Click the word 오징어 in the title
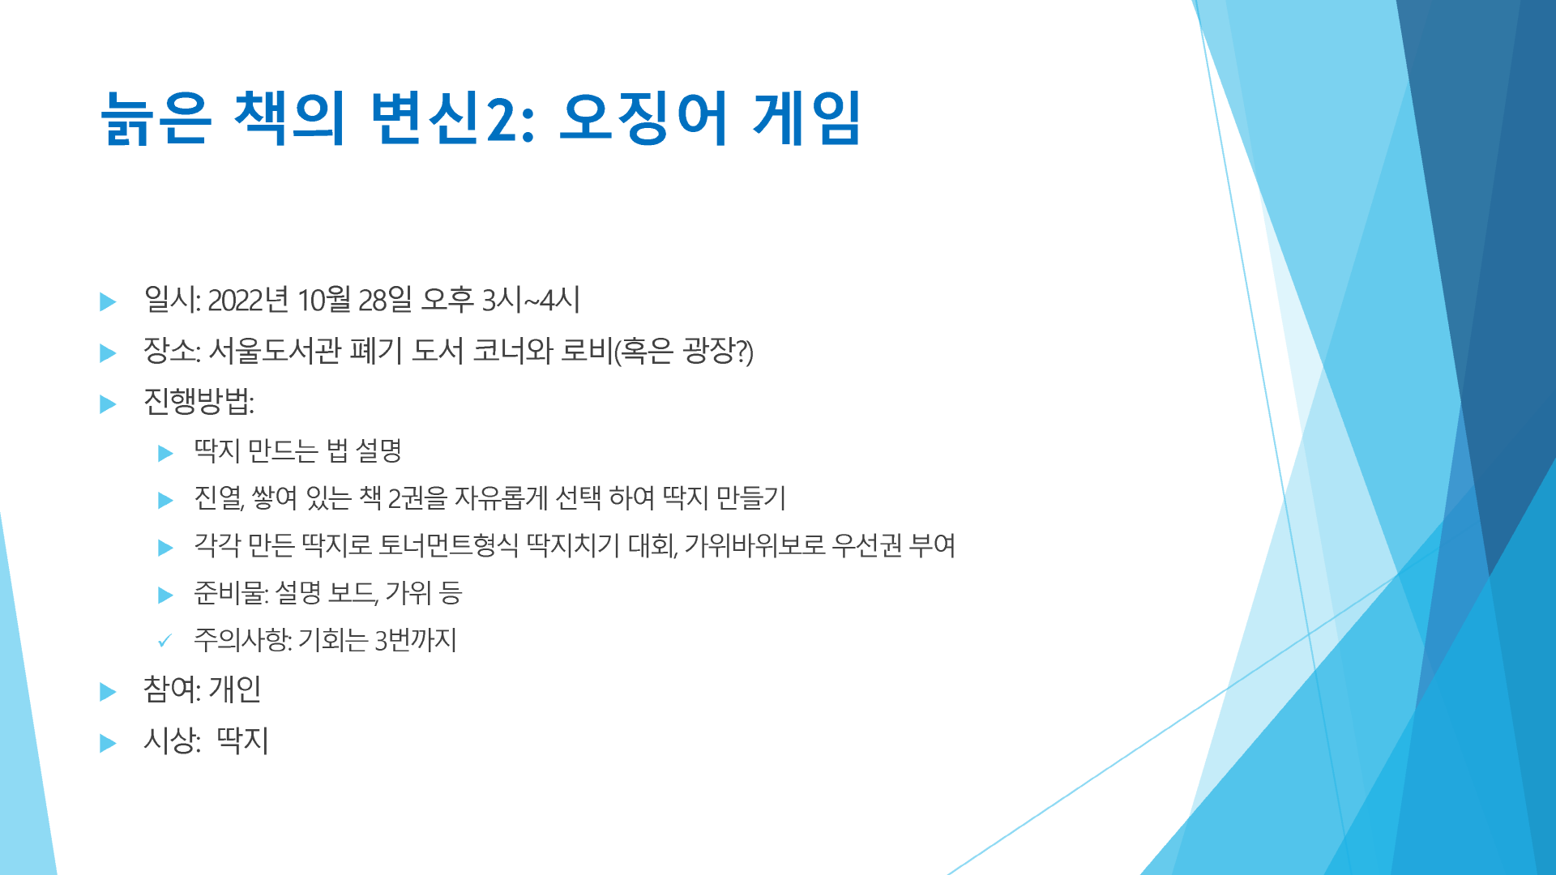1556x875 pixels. (x=644, y=117)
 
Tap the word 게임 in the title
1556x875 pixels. (x=807, y=117)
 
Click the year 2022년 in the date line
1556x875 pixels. (x=248, y=300)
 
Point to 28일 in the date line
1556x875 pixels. (x=385, y=300)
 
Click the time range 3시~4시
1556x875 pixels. (x=531, y=300)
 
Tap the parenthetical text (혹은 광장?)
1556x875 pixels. (x=683, y=351)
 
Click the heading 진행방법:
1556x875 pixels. (x=199, y=401)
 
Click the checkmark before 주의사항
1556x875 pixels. (x=165, y=641)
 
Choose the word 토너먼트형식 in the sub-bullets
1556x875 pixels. (x=448, y=544)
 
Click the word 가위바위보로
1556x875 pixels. (x=754, y=544)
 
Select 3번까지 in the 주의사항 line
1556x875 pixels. (x=416, y=640)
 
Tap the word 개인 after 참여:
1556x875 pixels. (x=235, y=689)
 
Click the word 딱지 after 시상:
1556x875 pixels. (x=242, y=741)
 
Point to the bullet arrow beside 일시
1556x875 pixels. (x=108, y=302)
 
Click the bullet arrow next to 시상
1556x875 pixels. (x=108, y=743)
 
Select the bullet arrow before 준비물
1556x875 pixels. (x=165, y=595)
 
